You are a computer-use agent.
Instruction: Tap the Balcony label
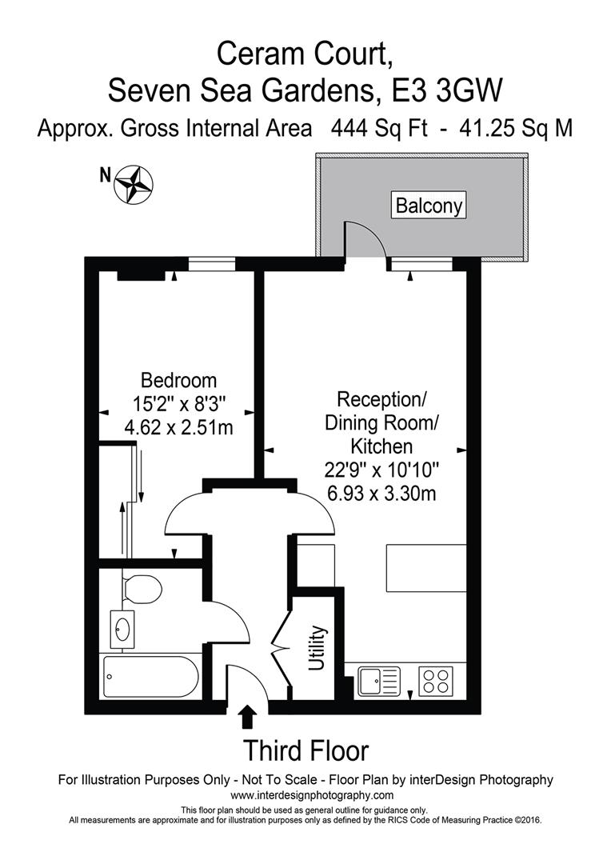[x=429, y=206]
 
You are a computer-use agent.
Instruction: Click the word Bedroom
[x=178, y=380]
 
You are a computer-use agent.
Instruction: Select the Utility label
[x=317, y=649]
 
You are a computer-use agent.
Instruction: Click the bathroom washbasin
[x=124, y=629]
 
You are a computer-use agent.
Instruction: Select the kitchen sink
[x=378, y=682]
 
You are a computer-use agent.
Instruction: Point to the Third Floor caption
[x=305, y=751]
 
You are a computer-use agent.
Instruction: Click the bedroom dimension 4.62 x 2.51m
[x=178, y=427]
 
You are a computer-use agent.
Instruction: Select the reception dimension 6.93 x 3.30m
[x=381, y=493]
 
